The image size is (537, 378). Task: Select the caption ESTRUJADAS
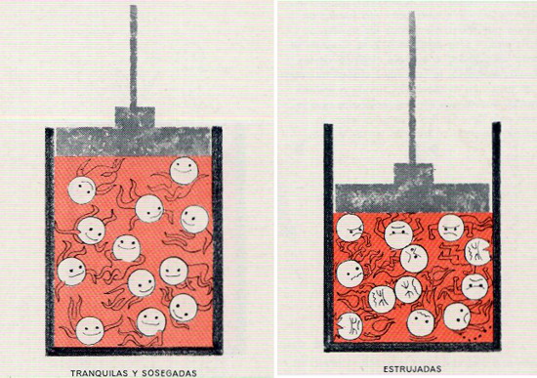pos(412,369)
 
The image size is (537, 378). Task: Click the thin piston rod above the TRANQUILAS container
pos(133,57)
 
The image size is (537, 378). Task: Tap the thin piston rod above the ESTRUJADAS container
pos(412,88)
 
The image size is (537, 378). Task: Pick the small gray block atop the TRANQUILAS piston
pos(135,117)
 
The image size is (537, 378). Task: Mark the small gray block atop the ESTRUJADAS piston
pos(413,174)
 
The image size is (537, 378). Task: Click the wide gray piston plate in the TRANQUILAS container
pos(133,142)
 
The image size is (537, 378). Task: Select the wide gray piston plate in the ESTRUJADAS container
pos(412,198)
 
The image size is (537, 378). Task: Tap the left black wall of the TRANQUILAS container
pos(50,241)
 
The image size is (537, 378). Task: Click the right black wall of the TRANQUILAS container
pos(217,240)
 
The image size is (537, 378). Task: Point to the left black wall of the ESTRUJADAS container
pos(328,237)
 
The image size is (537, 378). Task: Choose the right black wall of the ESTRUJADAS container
pos(497,236)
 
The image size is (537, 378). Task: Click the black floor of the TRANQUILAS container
pos(135,351)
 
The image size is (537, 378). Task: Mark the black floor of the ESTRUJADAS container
pos(412,347)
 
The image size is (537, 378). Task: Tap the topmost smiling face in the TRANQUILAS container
pos(184,171)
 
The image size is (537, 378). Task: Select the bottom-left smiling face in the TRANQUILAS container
pos(90,331)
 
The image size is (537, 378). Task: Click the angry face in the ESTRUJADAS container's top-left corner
pos(350,229)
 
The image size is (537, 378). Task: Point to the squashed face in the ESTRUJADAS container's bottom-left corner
pos(350,326)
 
